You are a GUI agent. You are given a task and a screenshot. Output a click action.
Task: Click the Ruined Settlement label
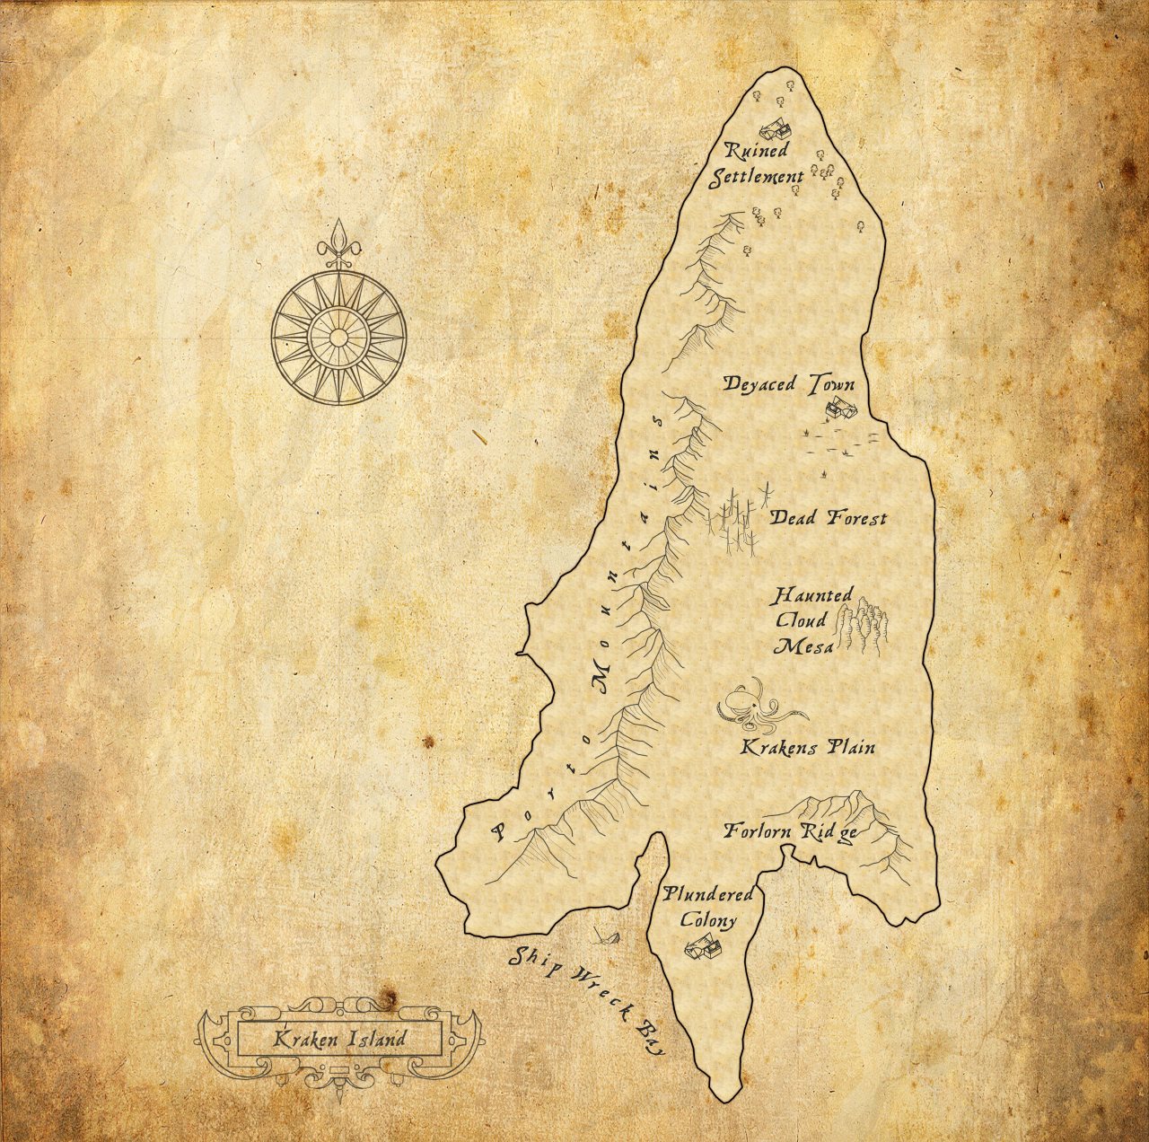756,164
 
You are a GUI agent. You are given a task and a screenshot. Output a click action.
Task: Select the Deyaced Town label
789,384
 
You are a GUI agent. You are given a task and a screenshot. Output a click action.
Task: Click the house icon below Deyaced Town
840,408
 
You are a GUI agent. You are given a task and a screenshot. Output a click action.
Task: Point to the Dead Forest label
828,518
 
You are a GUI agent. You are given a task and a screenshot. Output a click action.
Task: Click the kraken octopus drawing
756,704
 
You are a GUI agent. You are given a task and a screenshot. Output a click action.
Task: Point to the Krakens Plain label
807,747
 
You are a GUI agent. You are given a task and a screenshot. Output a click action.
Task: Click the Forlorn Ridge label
790,831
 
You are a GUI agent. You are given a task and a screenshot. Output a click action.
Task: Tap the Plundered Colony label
708,907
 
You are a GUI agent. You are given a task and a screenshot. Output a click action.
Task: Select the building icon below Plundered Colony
701,947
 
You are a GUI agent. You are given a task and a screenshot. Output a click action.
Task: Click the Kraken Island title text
339,1040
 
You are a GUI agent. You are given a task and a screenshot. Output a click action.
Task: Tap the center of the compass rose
338,337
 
